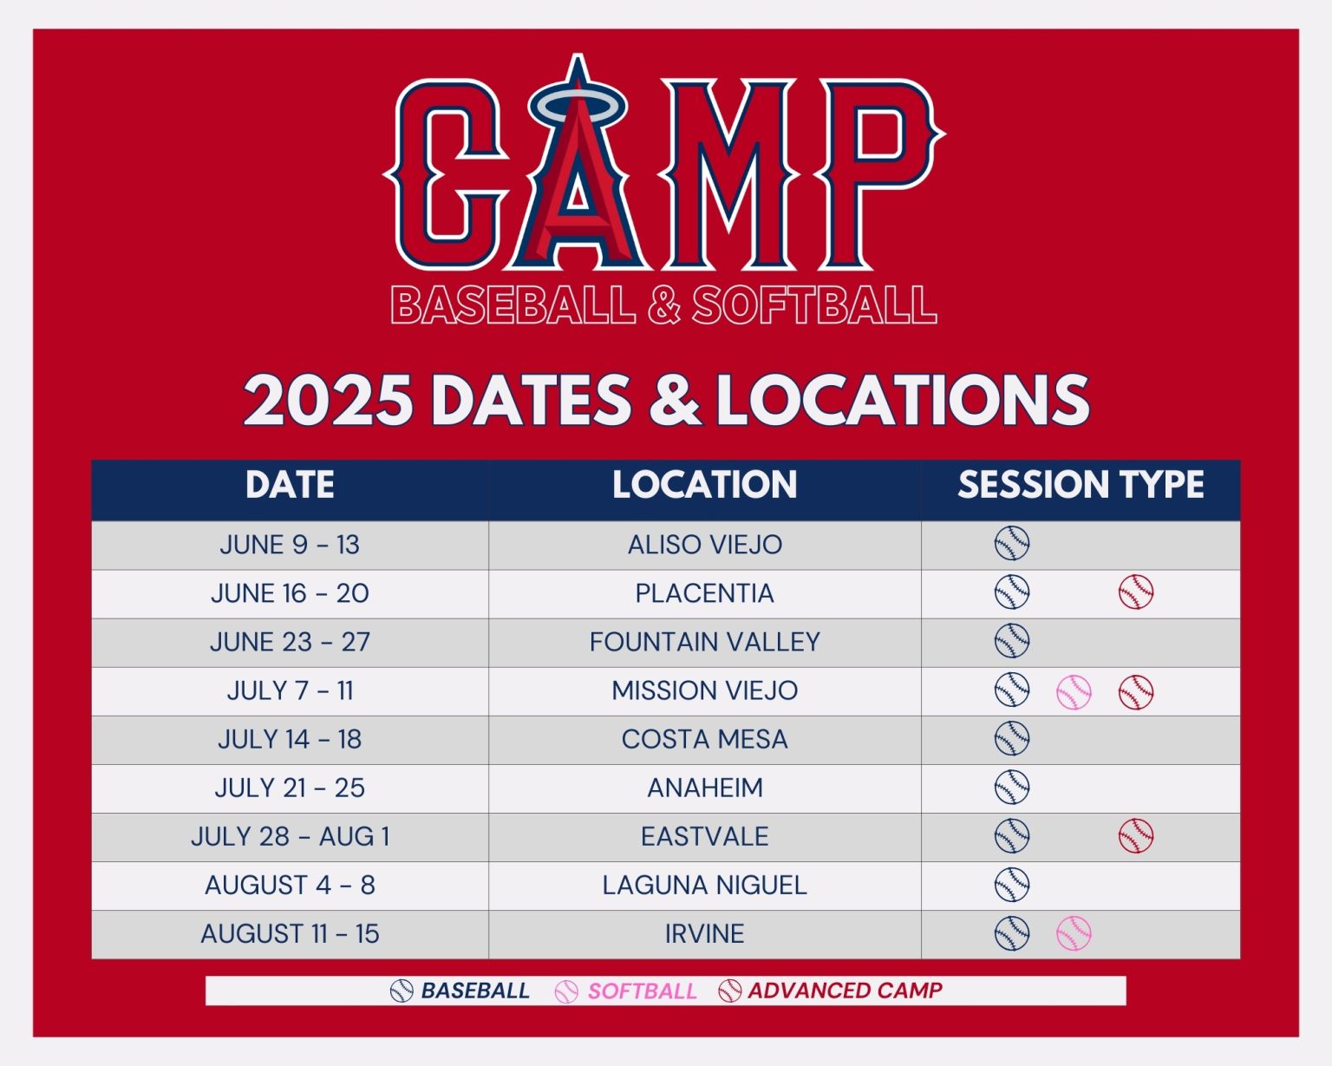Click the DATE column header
290,485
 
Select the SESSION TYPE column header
1081,485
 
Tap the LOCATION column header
704,485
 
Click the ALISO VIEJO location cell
704,545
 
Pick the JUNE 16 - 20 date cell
290,593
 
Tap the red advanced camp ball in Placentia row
1135,592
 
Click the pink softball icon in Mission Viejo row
1074,692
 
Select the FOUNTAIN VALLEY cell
704,642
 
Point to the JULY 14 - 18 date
290,739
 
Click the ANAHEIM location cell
704,788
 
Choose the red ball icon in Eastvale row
1135,836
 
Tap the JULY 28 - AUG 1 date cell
290,836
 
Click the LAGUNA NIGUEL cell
704,885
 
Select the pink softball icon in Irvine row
1074,933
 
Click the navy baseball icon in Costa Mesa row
1012,739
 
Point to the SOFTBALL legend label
642,991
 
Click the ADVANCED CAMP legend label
845,991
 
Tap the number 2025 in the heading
328,401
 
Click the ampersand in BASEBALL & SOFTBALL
663,305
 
